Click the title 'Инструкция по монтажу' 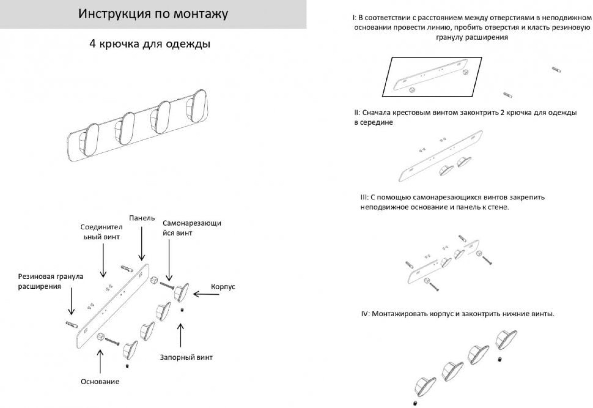153,14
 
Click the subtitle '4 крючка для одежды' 150,44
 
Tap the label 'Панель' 142,218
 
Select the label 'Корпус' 223,287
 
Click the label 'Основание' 100,382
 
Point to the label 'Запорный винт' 186,357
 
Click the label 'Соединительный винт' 101,232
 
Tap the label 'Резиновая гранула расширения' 50,281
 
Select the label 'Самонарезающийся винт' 192,228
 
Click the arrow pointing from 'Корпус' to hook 206,294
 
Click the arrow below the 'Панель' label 142,243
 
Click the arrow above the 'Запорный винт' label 180,335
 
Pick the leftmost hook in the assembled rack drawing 89,139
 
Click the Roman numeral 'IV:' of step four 365,314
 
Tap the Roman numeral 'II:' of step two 357,113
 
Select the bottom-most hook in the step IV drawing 425,387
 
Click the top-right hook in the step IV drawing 506,339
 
